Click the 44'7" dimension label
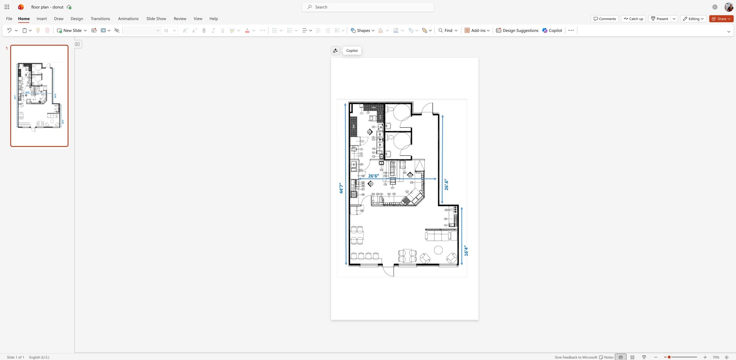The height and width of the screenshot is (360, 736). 341,188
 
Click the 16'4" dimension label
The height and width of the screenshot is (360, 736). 466,251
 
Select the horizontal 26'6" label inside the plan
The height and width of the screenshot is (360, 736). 373,176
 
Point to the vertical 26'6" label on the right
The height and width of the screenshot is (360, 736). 446,185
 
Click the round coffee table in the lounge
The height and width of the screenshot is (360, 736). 438,250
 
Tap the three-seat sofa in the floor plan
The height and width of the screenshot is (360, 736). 437,236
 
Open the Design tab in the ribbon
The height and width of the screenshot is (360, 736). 77,19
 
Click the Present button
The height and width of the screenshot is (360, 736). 660,19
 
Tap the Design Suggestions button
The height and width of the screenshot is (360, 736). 517,31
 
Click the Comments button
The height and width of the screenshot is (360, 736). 604,19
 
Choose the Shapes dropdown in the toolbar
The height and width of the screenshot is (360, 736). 363,31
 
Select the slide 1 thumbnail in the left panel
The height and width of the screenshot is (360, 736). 39,96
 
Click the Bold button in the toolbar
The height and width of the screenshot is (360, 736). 204,31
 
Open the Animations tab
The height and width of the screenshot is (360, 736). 128,19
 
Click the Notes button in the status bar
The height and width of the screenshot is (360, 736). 606,357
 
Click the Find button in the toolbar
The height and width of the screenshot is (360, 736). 448,31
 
